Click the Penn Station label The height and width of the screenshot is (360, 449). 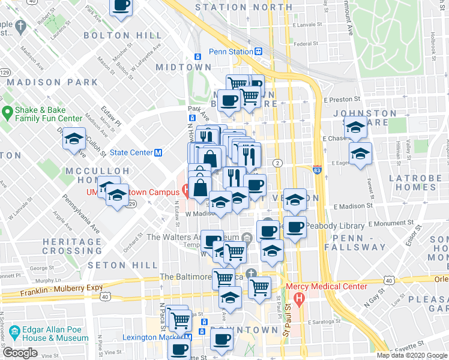[x=231, y=52]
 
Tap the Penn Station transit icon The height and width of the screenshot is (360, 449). [x=258, y=52]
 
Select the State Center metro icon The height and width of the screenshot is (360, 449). [x=158, y=152]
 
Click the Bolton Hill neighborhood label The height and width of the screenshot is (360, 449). [x=114, y=36]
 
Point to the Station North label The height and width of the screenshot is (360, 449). [x=244, y=7]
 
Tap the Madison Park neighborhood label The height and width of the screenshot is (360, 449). [x=52, y=82]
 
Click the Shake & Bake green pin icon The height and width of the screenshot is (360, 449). [x=8, y=112]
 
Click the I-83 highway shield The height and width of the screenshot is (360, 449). [x=317, y=170]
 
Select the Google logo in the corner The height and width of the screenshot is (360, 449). [x=20, y=353]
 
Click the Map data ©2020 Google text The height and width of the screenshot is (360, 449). [x=412, y=355]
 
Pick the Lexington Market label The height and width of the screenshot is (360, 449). [x=152, y=337]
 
